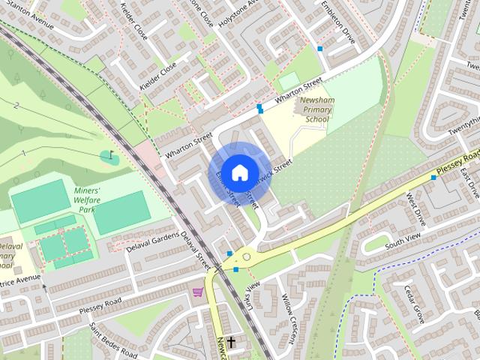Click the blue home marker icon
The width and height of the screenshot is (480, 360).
point(238,172)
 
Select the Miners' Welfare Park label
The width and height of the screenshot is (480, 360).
point(92,196)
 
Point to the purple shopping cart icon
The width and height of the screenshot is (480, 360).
point(198,292)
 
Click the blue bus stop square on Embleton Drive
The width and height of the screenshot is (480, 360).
point(320,48)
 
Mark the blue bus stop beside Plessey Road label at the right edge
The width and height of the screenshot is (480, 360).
point(433,178)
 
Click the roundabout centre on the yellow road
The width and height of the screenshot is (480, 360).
point(245,256)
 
